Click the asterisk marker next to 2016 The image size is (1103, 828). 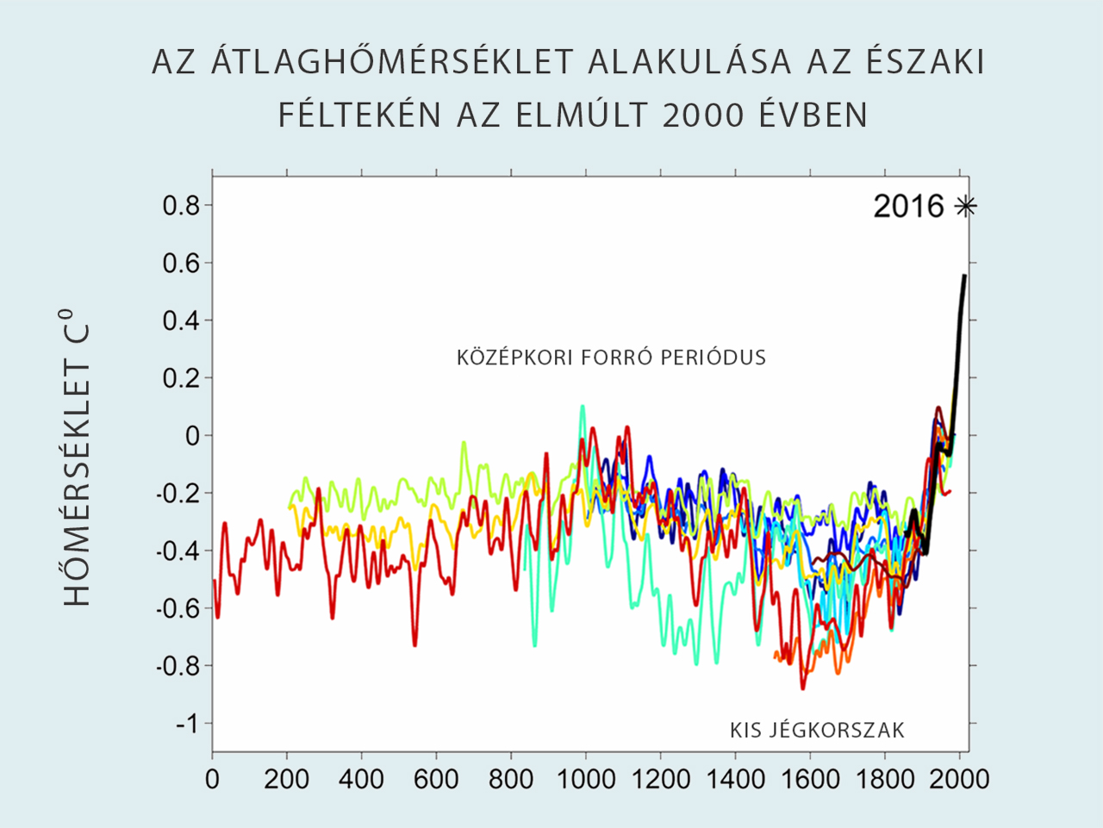pos(966,206)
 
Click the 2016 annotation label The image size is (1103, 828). pos(909,206)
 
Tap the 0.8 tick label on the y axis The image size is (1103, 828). pos(181,206)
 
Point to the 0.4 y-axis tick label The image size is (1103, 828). pos(181,321)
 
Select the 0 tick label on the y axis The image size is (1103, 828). pos(192,436)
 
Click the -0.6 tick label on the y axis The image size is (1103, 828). pos(177,608)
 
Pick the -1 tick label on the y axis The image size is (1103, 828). pos(187,723)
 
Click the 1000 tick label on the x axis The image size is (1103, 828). pos(586,780)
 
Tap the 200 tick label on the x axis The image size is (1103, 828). pos(287,780)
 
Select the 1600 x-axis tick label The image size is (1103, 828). pos(810,780)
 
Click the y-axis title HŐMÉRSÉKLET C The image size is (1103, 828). pos(78,457)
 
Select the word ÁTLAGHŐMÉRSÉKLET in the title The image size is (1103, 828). pos(392,62)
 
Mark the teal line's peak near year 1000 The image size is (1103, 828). pos(583,406)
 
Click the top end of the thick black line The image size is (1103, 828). pos(963,277)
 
